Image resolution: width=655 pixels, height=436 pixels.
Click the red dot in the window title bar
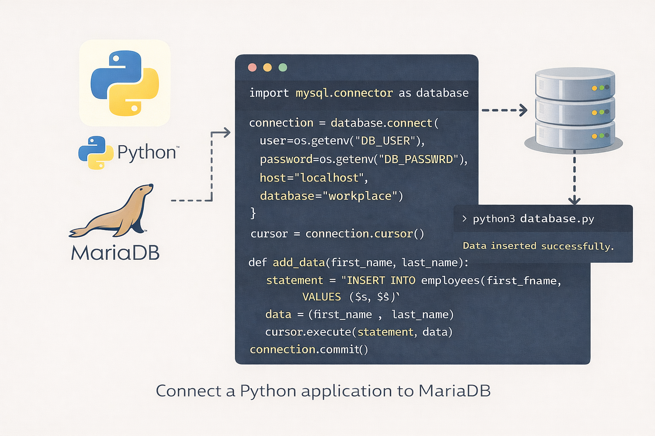252,67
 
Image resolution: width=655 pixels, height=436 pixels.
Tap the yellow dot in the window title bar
267,67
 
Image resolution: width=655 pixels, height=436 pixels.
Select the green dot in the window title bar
283,67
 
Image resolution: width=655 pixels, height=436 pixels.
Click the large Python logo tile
125,83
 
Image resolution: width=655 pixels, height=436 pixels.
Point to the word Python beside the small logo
147,152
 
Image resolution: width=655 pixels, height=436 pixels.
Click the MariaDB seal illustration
113,211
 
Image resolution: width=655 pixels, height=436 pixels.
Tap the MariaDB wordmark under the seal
115,253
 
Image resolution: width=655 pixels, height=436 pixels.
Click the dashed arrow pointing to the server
504,110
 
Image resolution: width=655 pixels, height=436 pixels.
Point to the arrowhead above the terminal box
574,200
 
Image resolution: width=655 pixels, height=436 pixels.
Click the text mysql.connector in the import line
344,93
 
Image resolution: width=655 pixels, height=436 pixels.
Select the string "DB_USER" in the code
385,141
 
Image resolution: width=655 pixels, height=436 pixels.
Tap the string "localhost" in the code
329,178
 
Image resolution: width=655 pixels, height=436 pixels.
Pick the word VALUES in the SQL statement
322,297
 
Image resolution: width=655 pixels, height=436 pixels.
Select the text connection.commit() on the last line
309,350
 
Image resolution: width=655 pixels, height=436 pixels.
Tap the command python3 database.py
533,219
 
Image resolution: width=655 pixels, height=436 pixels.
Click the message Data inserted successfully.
538,246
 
